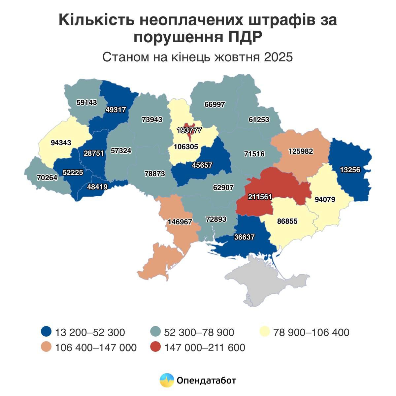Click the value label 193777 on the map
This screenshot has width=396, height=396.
(189, 130)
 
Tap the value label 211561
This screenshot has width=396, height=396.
(260, 197)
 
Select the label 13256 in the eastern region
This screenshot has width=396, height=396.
(351, 170)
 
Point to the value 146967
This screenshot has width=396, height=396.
(180, 222)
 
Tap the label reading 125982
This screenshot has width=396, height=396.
(301, 151)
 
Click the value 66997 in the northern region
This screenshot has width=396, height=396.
(214, 105)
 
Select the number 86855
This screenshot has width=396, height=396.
(287, 221)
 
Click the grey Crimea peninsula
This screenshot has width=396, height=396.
(264, 280)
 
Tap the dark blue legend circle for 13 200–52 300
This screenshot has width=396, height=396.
(46, 332)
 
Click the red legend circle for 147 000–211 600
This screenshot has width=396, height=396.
(155, 347)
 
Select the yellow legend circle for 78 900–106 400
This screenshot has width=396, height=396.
(265, 332)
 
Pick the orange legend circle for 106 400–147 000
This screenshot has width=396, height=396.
(46, 347)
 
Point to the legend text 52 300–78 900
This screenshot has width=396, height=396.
(199, 332)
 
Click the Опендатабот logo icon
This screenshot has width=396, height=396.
(167, 380)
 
